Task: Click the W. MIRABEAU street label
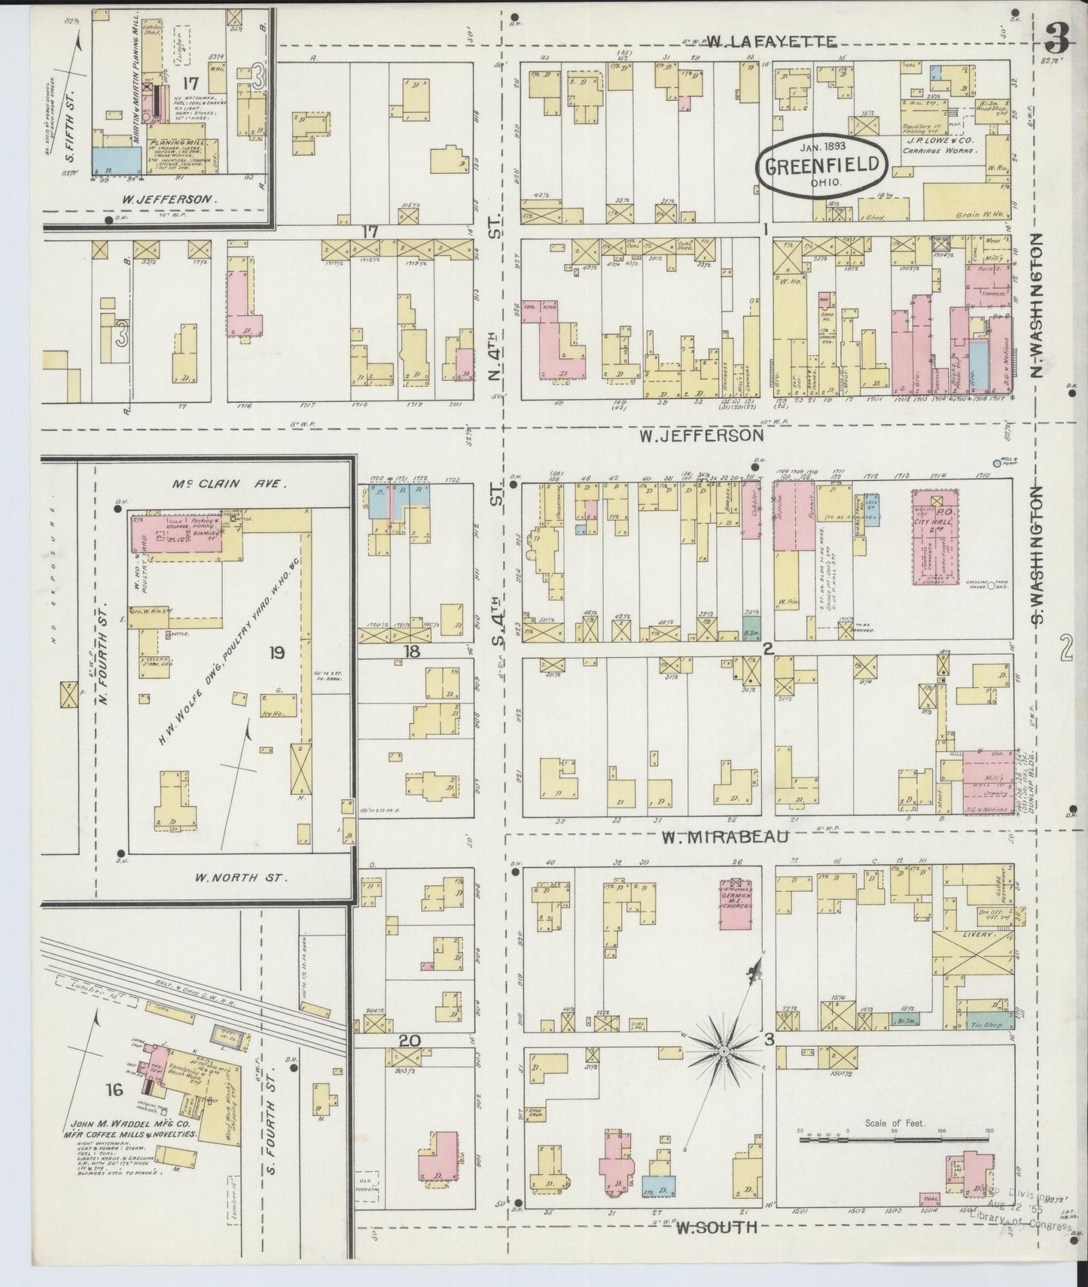click(725, 836)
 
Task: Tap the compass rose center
click(724, 1050)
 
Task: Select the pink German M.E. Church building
click(737, 905)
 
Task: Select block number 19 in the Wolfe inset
click(277, 653)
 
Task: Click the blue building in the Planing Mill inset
click(117, 158)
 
